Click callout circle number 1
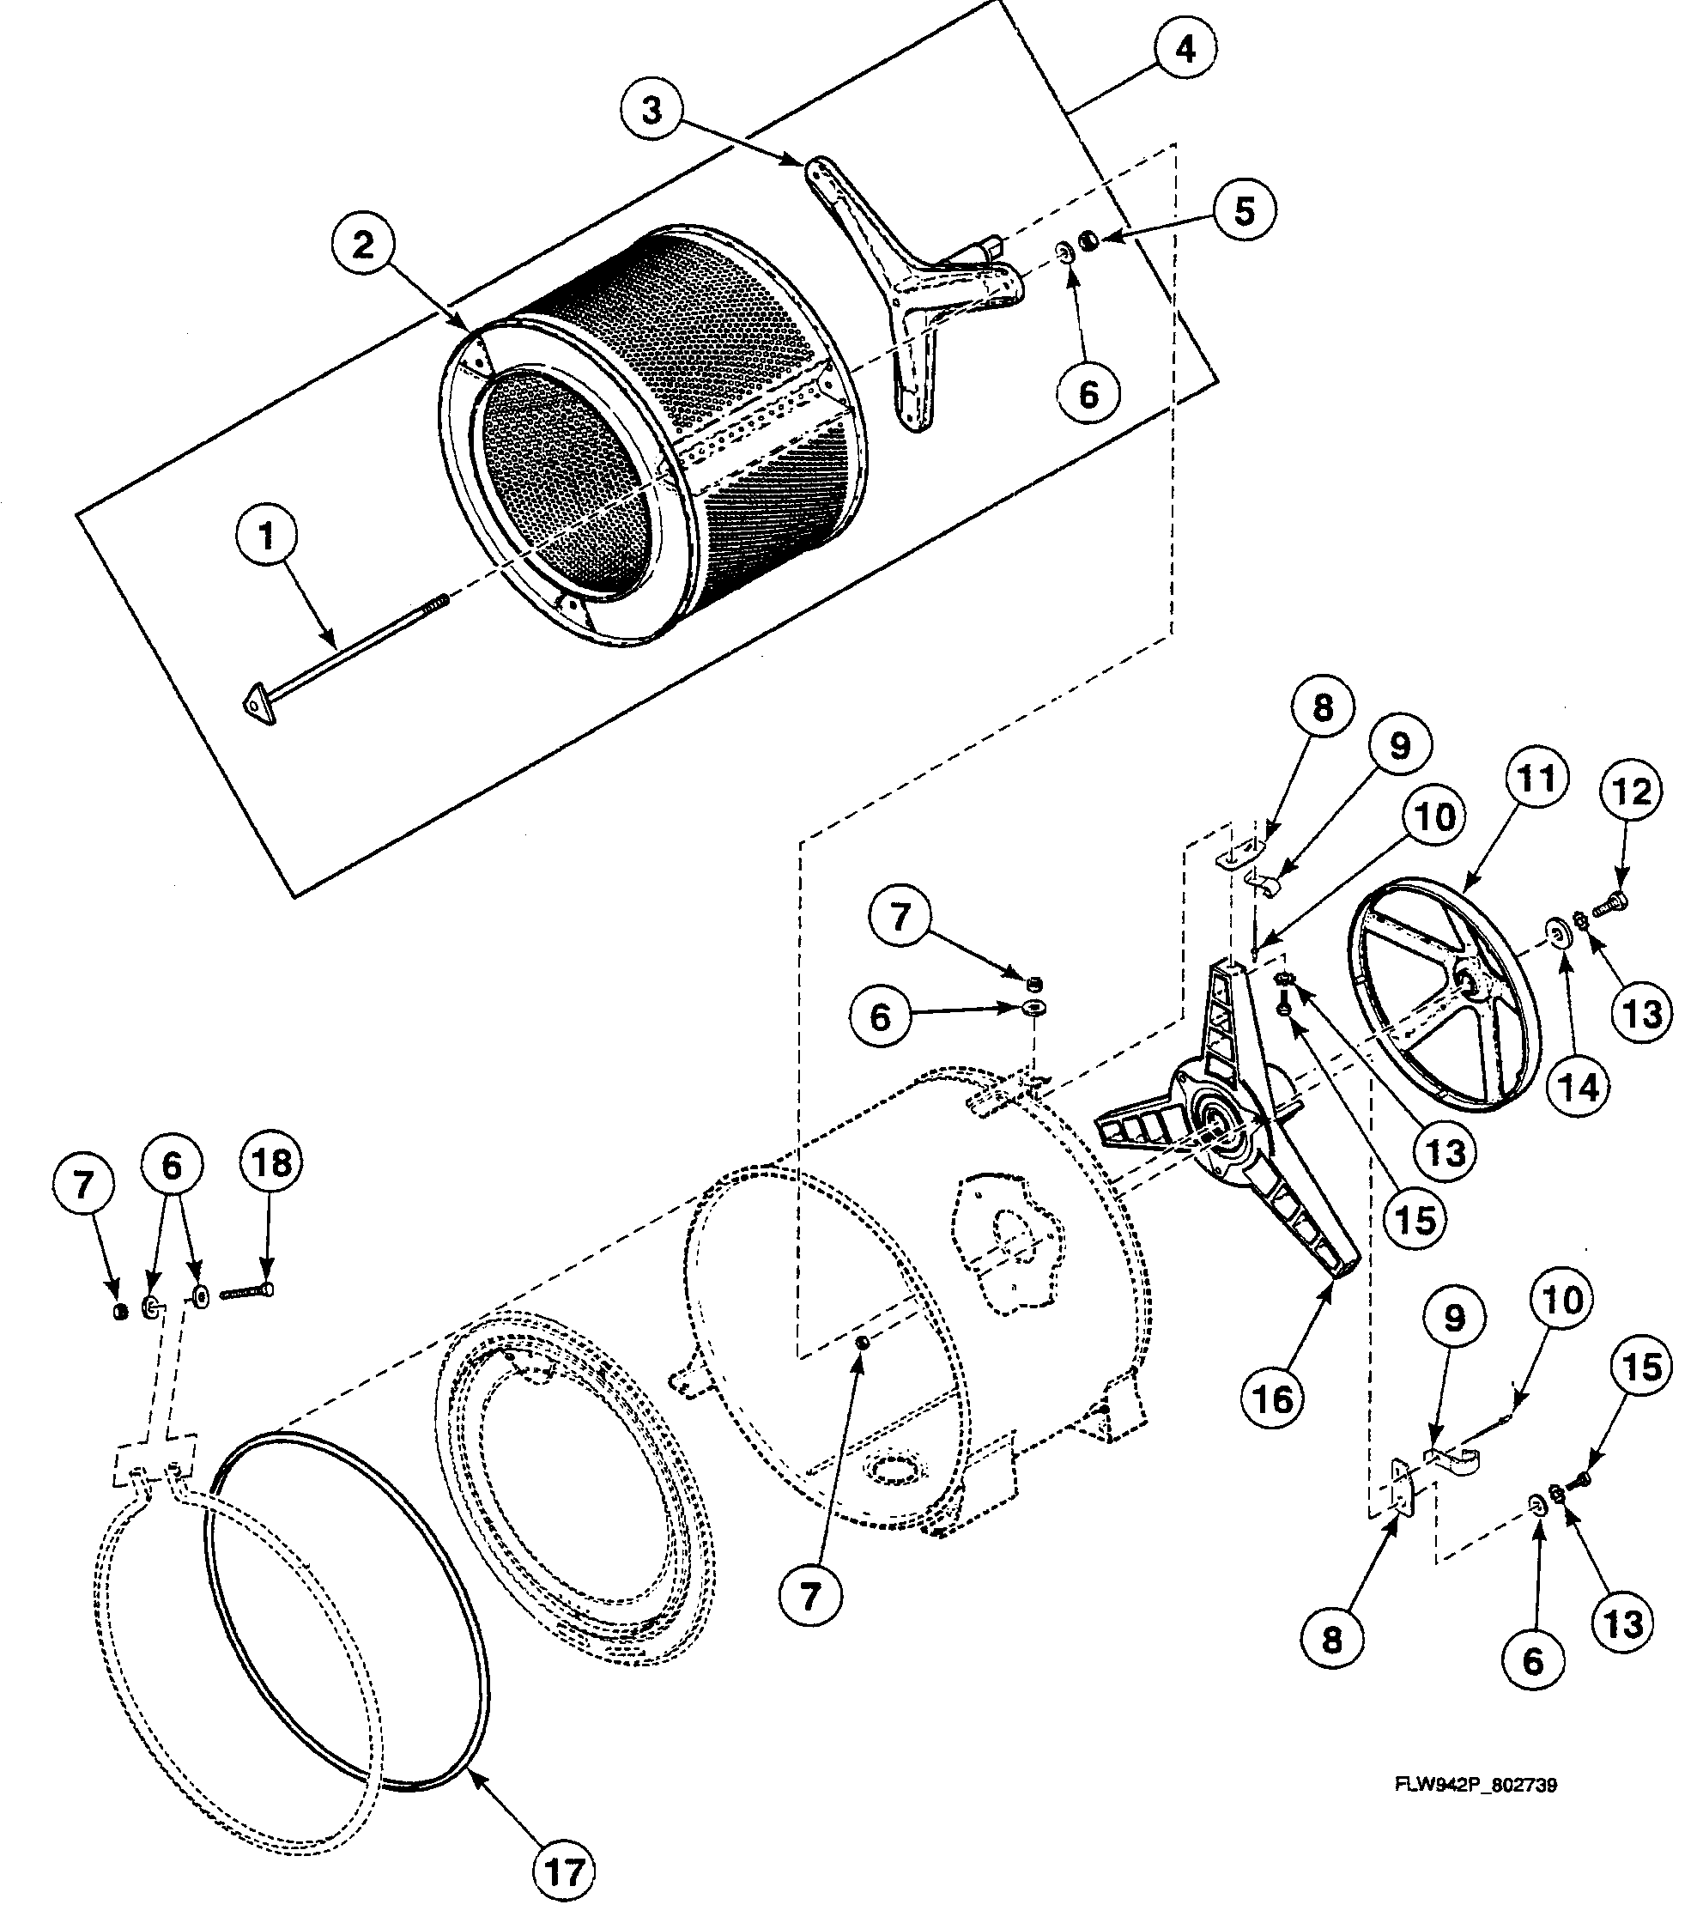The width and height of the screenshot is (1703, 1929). coord(267,536)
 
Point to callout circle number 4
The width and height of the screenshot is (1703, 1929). coord(1185,48)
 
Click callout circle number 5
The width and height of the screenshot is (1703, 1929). coord(1245,210)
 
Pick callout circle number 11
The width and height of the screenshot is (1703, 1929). coord(1535,779)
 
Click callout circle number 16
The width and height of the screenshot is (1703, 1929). coord(1273,1398)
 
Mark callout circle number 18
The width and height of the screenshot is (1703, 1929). coord(272,1162)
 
